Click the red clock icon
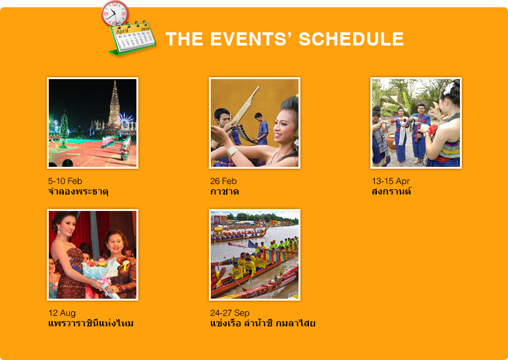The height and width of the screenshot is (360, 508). tap(115, 14)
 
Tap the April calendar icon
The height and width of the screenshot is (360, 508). tap(133, 39)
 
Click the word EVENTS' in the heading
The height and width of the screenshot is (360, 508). tap(251, 39)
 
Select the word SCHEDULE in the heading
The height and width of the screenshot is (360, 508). tap(351, 39)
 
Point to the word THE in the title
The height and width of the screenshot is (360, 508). tap(184, 39)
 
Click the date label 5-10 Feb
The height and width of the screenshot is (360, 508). tap(65, 181)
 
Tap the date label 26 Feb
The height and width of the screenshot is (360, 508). tap(223, 181)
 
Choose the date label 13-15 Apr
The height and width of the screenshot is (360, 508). tap(391, 181)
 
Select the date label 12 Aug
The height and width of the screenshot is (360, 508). tap(62, 313)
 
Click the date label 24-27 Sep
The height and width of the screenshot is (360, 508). tap(230, 313)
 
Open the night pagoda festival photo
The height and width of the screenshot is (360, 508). tap(93, 123)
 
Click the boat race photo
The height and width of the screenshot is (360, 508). tap(254, 255)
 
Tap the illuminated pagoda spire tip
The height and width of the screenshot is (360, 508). tap(115, 81)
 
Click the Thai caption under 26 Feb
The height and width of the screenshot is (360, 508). tap(225, 192)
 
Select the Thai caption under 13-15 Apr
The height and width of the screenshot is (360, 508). tap(391, 191)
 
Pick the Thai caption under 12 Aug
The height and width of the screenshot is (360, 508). tap(91, 323)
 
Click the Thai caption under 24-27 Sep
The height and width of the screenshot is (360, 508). tap(263, 323)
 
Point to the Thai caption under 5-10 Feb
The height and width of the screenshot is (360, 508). tap(78, 191)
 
